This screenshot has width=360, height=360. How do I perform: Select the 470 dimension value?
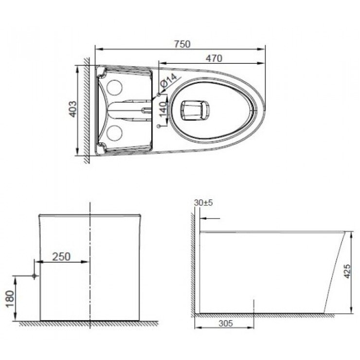[x=213, y=58]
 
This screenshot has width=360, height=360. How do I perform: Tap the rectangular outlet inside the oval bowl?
[x=195, y=109]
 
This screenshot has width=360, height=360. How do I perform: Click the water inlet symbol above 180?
[x=34, y=276]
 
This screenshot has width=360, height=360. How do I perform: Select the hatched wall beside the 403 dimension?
[x=86, y=109]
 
